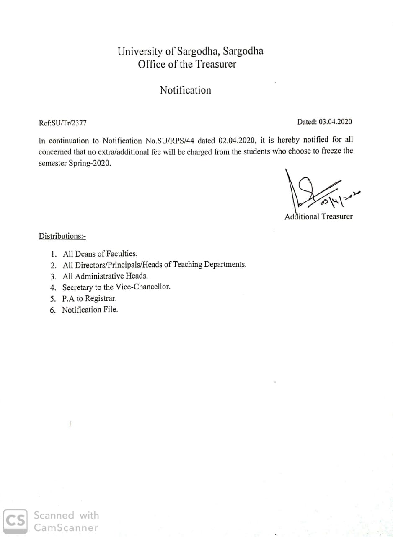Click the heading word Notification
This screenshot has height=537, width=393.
pyautogui.click(x=185, y=90)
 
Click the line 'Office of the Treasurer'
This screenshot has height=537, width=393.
pyautogui.click(x=187, y=65)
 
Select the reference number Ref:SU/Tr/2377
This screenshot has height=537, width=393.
pyautogui.click(x=62, y=123)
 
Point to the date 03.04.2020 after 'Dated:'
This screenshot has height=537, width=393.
pyautogui.click(x=335, y=122)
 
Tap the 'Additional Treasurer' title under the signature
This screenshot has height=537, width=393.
pyautogui.click(x=318, y=216)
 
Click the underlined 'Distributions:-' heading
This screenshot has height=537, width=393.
pyautogui.click(x=62, y=236)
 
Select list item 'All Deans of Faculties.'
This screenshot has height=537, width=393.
pyautogui.click(x=100, y=254)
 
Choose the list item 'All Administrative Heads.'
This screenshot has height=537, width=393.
pyautogui.click(x=105, y=276)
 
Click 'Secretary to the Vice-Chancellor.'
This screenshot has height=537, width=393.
pyautogui.click(x=116, y=287)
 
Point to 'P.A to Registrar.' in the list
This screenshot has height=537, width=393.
pyautogui.click(x=89, y=299)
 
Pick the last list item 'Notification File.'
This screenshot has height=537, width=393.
pyautogui.click(x=90, y=310)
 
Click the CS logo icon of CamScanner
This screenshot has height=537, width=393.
pyautogui.click(x=16, y=521)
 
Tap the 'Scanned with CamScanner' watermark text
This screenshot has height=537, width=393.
pyautogui.click(x=66, y=521)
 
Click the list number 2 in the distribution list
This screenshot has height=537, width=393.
pyautogui.click(x=53, y=265)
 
